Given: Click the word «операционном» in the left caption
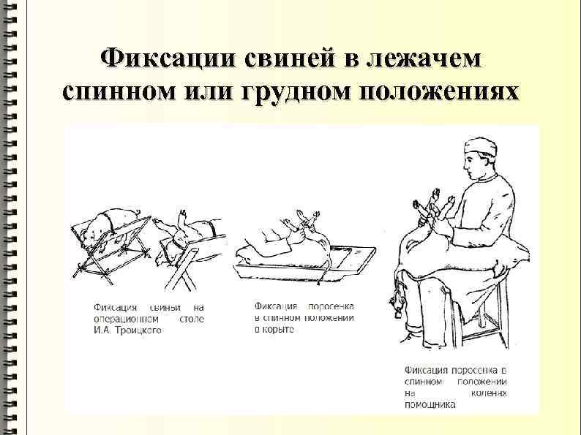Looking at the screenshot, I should click(123, 319).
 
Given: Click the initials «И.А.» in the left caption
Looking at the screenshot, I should click(104, 330).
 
